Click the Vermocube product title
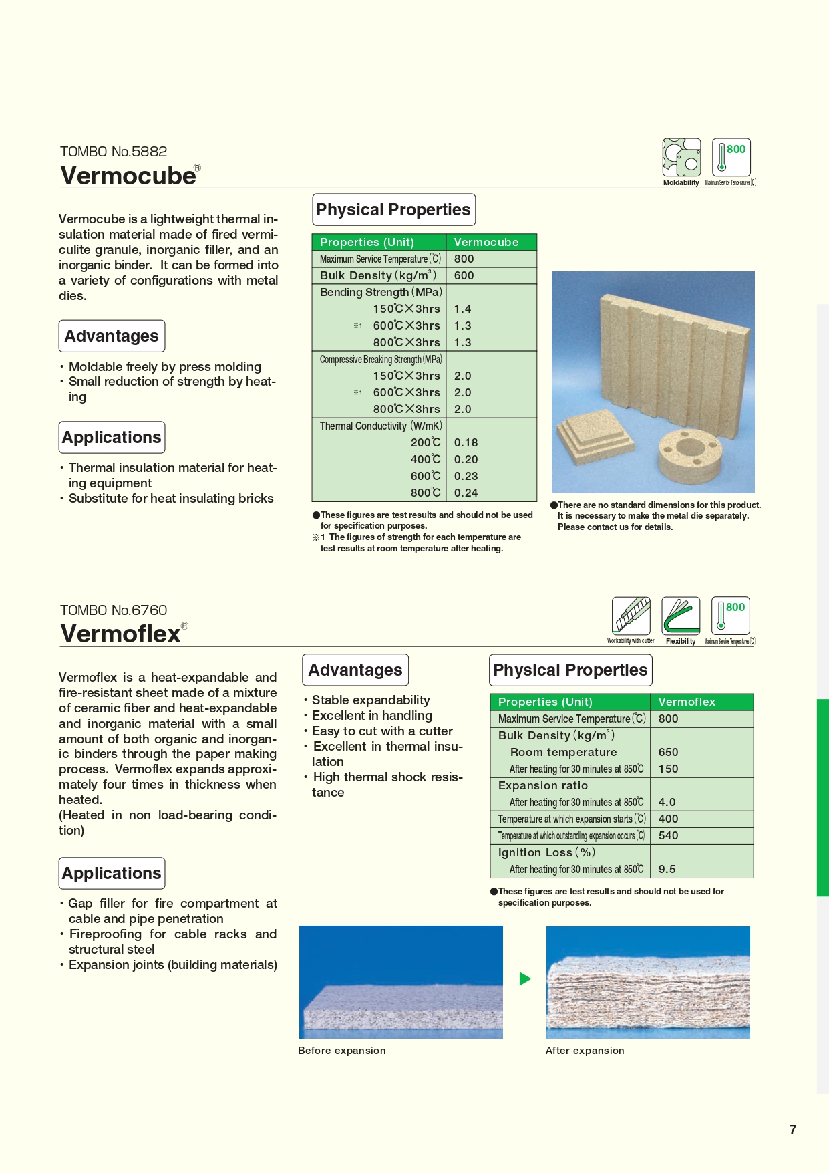[x=128, y=176]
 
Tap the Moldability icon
[x=681, y=158]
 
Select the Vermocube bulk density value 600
[x=464, y=275]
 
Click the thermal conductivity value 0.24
[x=466, y=493]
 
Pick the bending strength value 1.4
[x=462, y=309]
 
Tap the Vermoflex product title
[x=120, y=634]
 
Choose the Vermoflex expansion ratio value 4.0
[x=667, y=802]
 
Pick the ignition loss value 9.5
[x=667, y=869]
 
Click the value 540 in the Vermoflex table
[x=668, y=835]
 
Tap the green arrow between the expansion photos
[x=525, y=979]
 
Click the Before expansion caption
[x=341, y=1050]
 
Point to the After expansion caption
[x=585, y=1050]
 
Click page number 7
[x=793, y=1129]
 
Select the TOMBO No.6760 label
[x=114, y=610]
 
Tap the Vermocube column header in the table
[x=486, y=242]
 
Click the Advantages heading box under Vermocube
[x=112, y=336]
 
